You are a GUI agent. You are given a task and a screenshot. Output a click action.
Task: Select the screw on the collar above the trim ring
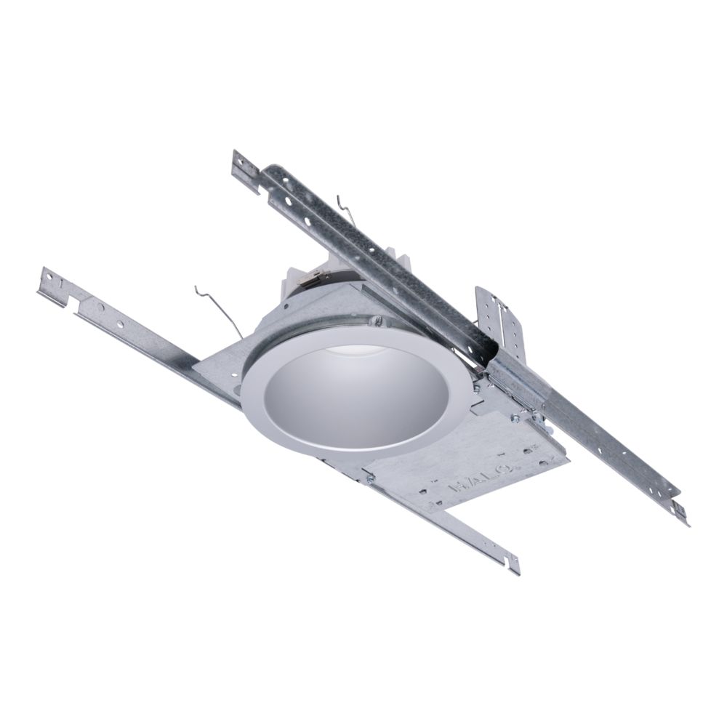click(377, 320)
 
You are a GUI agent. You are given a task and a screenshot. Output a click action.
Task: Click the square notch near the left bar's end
click(74, 310)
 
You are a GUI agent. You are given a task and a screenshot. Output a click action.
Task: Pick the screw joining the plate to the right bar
click(515, 417)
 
